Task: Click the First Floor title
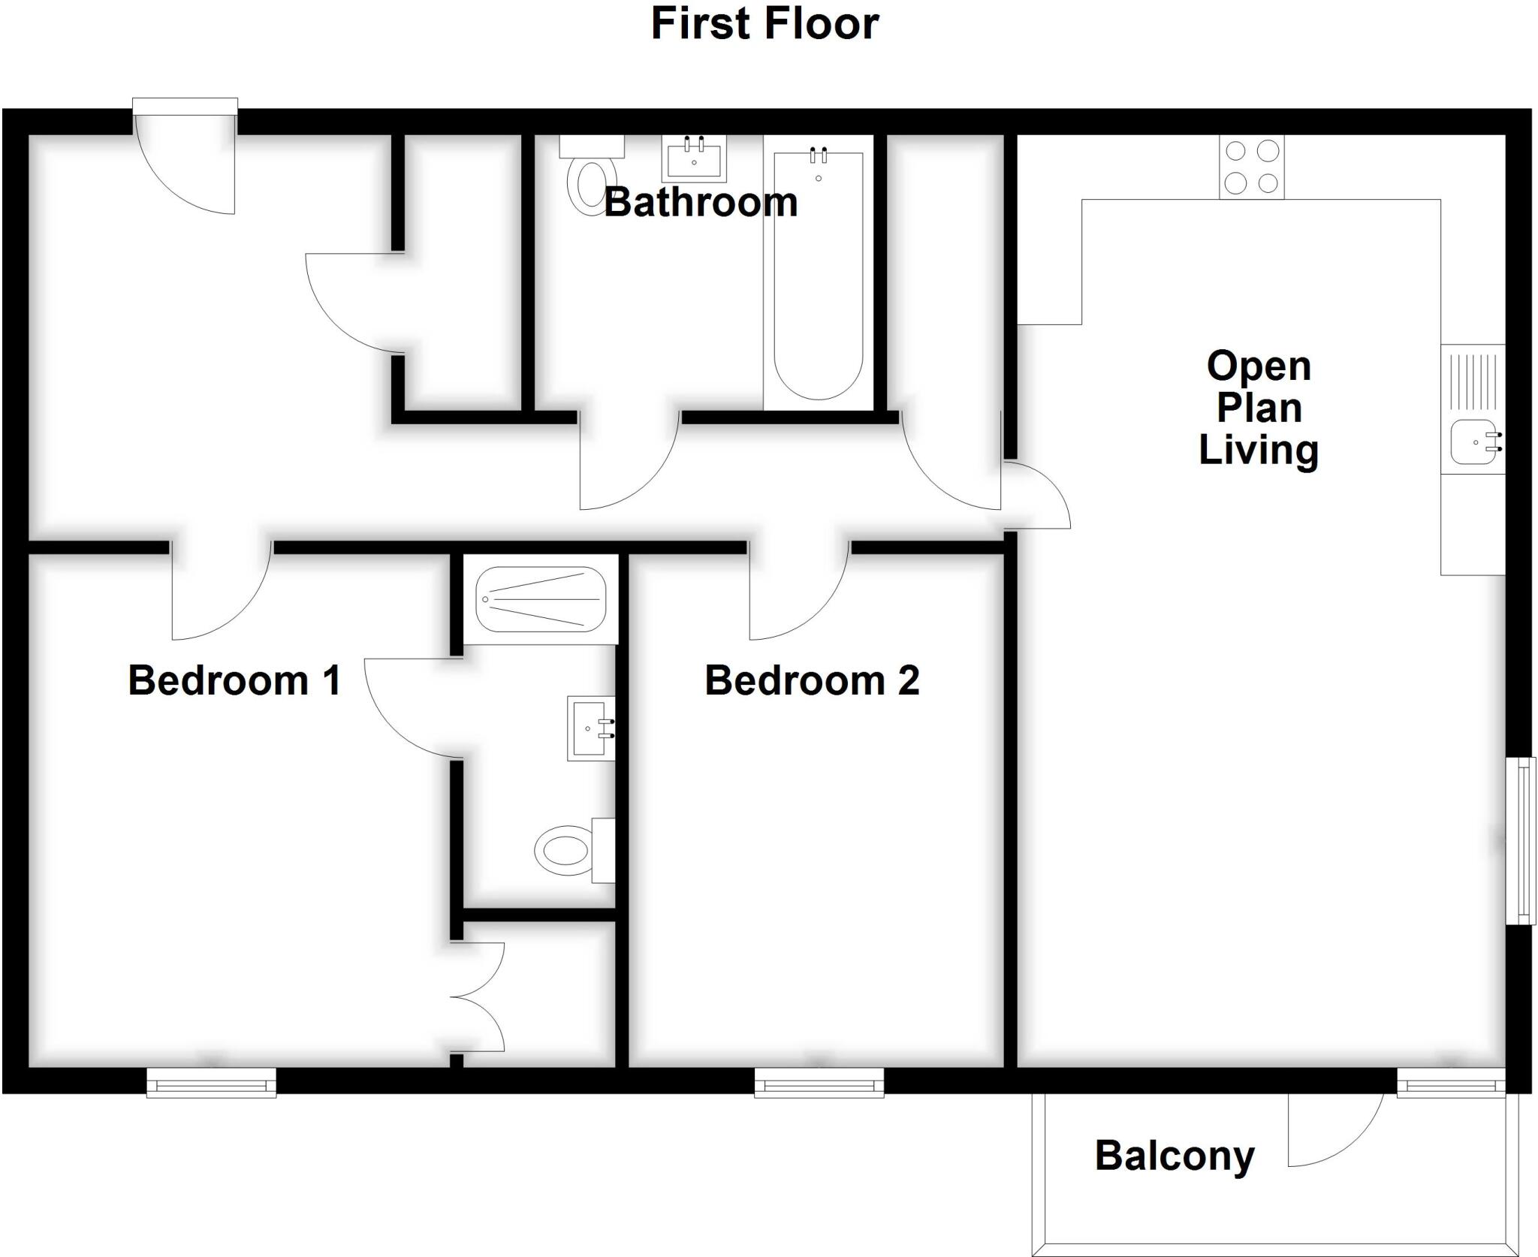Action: (x=764, y=24)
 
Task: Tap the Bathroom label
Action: (x=701, y=203)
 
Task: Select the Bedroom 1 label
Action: (x=234, y=680)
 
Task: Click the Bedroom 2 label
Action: (x=812, y=680)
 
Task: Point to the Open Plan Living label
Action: (x=1259, y=408)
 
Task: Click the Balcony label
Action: (x=1175, y=1156)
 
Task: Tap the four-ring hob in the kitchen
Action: (x=1251, y=167)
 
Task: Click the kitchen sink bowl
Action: (x=1472, y=442)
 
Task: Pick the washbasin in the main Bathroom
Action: (x=694, y=159)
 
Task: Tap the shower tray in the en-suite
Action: (x=541, y=598)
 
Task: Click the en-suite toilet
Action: (x=568, y=851)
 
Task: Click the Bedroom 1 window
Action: (x=211, y=1084)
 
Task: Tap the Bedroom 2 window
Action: (x=819, y=1084)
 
